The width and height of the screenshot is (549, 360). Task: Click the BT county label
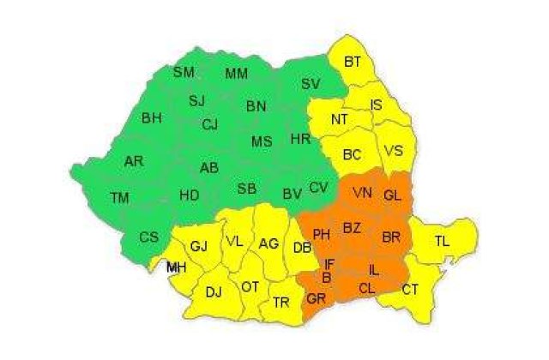tap(353, 62)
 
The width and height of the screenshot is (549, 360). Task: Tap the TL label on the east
tap(442, 242)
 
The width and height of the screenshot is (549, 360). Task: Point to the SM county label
tap(184, 72)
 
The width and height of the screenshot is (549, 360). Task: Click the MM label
tap(237, 74)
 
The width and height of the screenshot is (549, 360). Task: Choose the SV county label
tap(311, 83)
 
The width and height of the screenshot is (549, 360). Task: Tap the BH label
tap(152, 117)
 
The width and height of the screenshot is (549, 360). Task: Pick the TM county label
tap(120, 198)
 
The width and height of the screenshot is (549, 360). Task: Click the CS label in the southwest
tap(148, 237)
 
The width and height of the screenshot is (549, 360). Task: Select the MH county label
tap(177, 268)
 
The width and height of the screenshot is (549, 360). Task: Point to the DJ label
tap(214, 291)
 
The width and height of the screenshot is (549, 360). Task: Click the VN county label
tap(362, 195)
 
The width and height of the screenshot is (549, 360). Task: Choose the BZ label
tap(352, 227)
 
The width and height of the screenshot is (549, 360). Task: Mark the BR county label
tap(391, 236)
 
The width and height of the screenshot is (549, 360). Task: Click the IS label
tap(377, 105)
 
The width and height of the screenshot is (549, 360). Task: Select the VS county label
tap(394, 150)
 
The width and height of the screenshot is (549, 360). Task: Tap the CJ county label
tap(210, 124)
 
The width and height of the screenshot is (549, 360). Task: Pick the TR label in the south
tap(281, 303)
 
